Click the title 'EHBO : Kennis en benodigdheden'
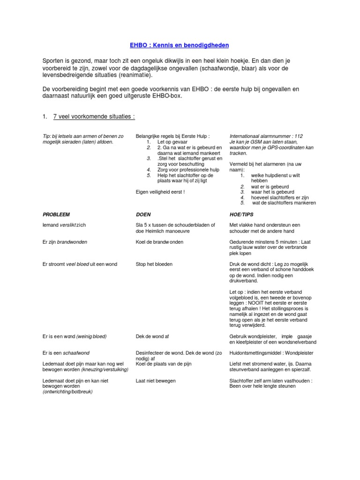coord(180,45)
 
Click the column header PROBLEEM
coord(56,214)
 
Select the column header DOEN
coord(142,214)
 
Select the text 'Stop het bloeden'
coord(154,264)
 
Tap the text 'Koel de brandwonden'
coord(159,242)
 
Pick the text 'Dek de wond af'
coord(152,336)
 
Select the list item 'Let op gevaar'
coord(172,142)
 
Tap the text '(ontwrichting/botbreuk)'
coord(67,392)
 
